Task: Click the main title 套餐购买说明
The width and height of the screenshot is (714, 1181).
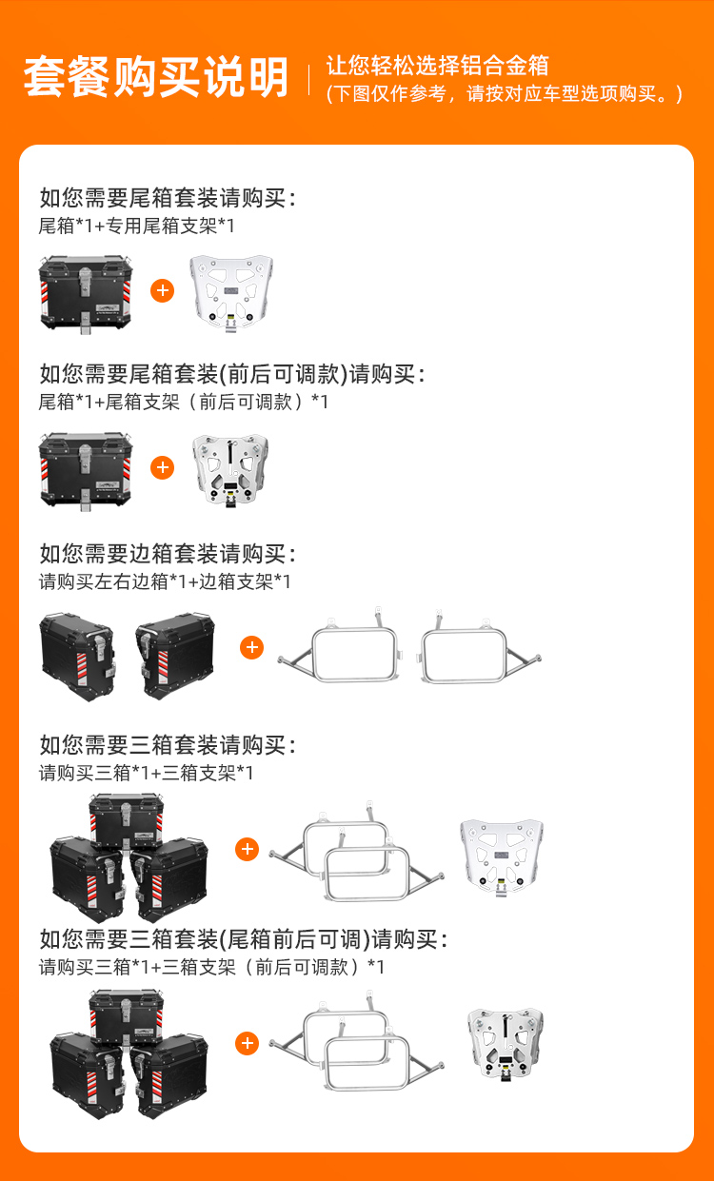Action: pos(156,77)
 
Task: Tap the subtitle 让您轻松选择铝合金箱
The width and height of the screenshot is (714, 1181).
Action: pos(437,66)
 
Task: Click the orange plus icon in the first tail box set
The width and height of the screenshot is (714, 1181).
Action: pos(163,290)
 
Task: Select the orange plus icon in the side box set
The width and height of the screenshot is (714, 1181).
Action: pos(252,647)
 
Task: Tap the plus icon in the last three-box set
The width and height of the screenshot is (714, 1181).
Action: pos(247,1043)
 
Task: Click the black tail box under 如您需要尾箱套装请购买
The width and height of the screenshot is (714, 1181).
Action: pos(86,294)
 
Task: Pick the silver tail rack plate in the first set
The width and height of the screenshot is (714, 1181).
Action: pos(231,293)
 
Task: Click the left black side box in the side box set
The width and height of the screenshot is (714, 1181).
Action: pos(77,657)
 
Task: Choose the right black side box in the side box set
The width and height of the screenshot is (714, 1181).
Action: pos(175,656)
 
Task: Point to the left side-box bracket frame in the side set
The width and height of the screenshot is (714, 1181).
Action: pos(340,645)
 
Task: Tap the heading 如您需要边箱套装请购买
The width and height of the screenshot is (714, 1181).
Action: pos(168,554)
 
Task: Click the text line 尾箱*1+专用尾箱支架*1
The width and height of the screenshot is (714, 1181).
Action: pos(136,226)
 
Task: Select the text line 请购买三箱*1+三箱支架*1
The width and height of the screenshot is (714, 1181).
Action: pos(146,773)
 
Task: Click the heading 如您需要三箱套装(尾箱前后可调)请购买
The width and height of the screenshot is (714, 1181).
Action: pos(244,939)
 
